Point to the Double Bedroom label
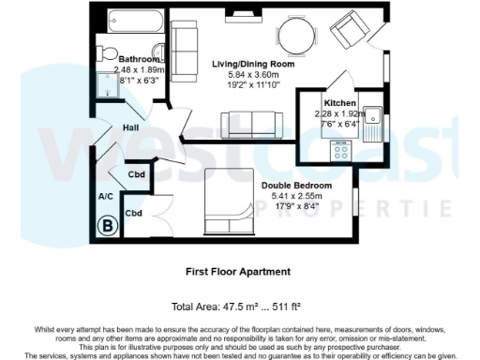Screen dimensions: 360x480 coord(296,186)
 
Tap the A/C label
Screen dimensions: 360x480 coord(106,197)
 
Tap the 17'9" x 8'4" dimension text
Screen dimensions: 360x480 coord(297,208)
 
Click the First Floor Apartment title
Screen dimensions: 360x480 coord(237,271)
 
